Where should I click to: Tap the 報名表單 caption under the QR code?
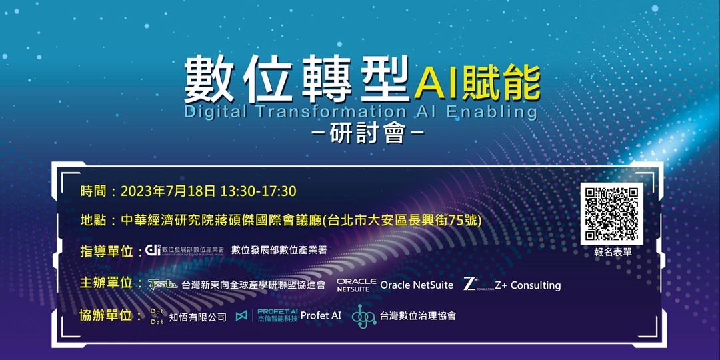pyautogui.click(x=613, y=253)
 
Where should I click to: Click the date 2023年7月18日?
pyautogui.click(x=168, y=191)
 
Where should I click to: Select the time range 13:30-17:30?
pyautogui.click(x=258, y=191)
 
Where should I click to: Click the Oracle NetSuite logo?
pyautogui.click(x=357, y=285)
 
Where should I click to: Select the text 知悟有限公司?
pyautogui.click(x=197, y=317)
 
